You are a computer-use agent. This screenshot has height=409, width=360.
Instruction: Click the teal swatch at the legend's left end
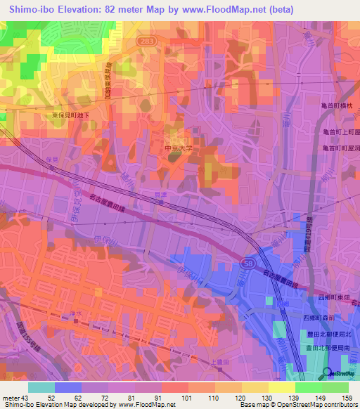[x=41, y=387]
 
